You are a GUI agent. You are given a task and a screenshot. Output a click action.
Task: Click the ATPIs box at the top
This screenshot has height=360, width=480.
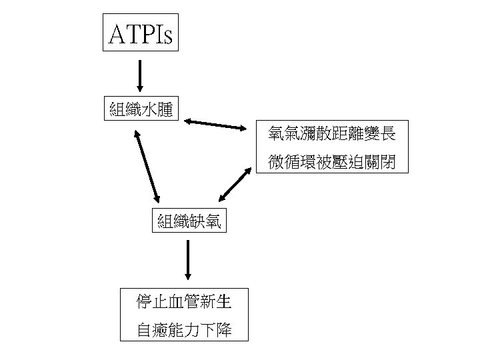click(141, 31)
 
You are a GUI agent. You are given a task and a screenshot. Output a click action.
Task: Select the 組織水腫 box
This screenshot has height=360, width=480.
click(141, 108)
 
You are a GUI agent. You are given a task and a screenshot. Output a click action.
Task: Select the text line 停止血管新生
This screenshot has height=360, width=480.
click(184, 303)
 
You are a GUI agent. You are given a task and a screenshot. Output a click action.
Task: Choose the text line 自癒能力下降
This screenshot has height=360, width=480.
click(184, 330)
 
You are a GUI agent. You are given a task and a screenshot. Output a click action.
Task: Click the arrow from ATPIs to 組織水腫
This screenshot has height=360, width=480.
click(139, 75)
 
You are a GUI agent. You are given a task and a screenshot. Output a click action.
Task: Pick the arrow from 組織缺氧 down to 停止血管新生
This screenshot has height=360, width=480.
click(188, 259)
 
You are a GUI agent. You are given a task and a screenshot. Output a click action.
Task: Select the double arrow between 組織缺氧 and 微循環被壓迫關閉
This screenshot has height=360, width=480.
click(236, 184)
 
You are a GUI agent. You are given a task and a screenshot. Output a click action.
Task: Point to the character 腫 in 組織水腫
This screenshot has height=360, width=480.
click(165, 108)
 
